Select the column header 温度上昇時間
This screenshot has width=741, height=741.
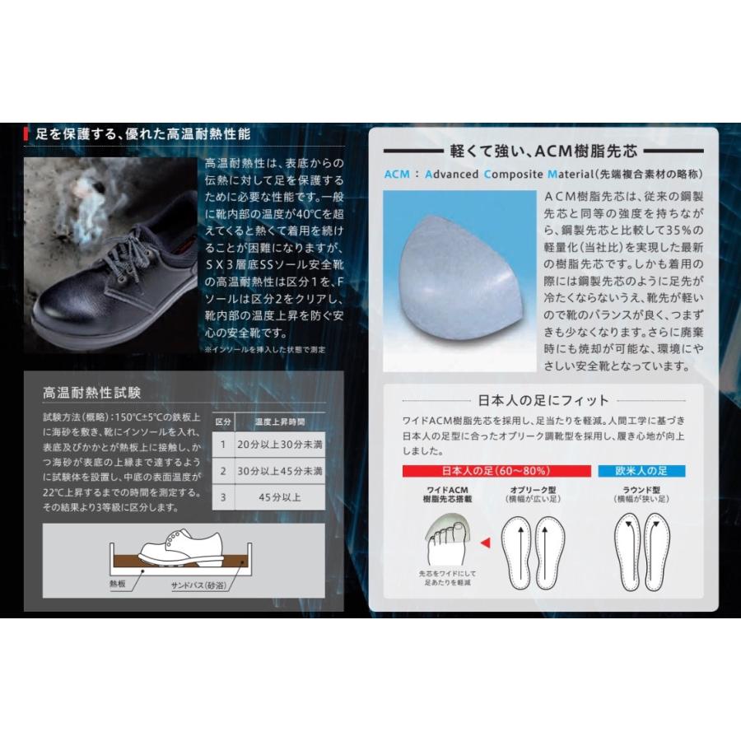(x=279, y=421)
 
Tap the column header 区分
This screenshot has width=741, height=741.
(x=222, y=421)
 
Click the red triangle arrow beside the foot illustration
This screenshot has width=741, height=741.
(x=485, y=542)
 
